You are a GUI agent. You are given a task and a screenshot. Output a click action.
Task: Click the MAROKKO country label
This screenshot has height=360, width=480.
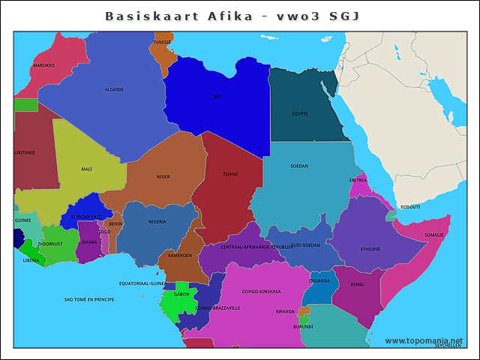point(44,65)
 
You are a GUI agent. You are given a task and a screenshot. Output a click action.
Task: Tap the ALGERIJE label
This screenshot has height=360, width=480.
point(114,89)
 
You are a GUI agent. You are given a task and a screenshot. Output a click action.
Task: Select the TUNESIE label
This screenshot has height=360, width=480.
point(162,42)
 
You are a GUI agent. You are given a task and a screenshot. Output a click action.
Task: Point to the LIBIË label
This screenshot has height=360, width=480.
point(216,97)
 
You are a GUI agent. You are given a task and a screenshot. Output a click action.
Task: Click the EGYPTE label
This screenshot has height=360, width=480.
point(300,114)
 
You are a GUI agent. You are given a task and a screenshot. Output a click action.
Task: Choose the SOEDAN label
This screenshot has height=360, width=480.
point(299,166)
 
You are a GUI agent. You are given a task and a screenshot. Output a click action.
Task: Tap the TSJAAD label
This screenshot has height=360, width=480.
point(230,173)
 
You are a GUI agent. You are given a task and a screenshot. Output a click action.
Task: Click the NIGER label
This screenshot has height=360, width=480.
point(163,177)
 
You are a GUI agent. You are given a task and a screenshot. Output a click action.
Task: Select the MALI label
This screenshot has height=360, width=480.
point(87,169)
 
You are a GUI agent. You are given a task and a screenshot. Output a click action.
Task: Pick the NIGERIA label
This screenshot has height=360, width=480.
point(157,222)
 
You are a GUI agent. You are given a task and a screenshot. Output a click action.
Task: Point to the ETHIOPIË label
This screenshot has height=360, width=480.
point(370,249)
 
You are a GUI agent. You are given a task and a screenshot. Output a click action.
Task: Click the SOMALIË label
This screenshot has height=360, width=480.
point(434,235)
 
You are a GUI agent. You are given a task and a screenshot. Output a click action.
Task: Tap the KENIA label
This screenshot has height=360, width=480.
point(357,285)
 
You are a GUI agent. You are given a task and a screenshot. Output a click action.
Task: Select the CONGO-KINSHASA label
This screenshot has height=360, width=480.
point(261,291)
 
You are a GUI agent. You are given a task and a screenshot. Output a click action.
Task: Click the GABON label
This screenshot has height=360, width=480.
point(181,295)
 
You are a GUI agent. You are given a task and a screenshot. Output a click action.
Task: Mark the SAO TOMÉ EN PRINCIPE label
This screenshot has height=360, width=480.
point(89,299)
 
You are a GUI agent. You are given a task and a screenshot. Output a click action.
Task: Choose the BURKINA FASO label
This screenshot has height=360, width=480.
point(86,217)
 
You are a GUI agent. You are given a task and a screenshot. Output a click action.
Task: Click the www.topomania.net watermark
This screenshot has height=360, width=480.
point(424,340)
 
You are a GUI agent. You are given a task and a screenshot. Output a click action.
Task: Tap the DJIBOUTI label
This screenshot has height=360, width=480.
point(410,207)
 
